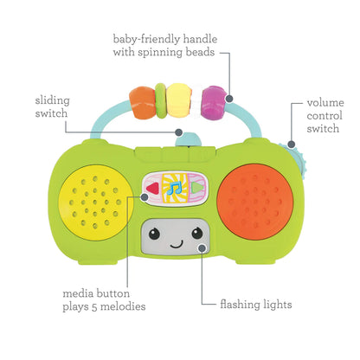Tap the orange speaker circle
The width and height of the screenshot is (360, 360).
click(257, 199)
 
